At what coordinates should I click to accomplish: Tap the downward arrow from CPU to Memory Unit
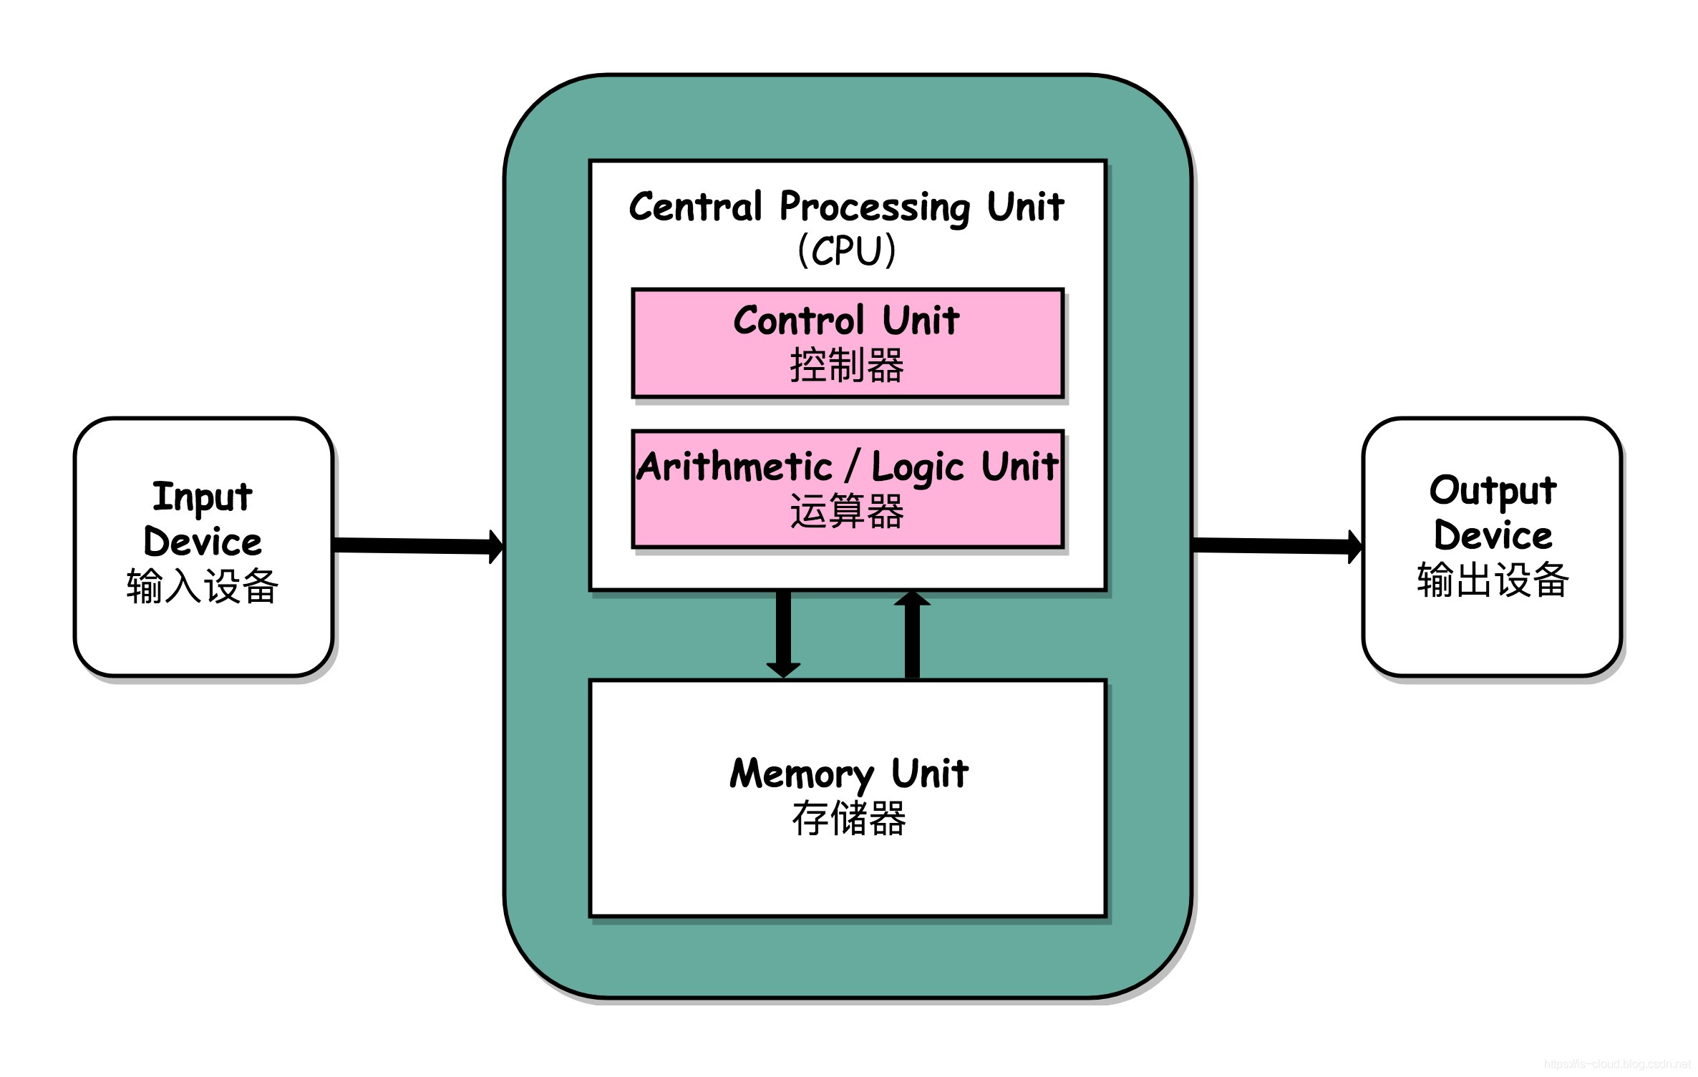coord(783,633)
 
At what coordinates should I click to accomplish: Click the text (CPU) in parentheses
coord(847,250)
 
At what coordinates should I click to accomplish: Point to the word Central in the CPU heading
coord(695,207)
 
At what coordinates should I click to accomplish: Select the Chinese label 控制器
coord(847,366)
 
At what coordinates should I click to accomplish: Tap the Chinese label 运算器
coord(847,512)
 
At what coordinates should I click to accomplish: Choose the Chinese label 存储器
coord(848,819)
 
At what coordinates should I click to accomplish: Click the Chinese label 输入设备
coord(203,586)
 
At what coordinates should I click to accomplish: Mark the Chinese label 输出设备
coord(1493,580)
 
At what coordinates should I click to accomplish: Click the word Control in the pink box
coord(799,321)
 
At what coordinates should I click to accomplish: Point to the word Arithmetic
coord(734,467)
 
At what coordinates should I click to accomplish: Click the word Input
coord(203,497)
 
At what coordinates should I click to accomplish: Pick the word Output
coord(1493,491)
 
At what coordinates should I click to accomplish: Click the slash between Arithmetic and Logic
coord(852,467)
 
